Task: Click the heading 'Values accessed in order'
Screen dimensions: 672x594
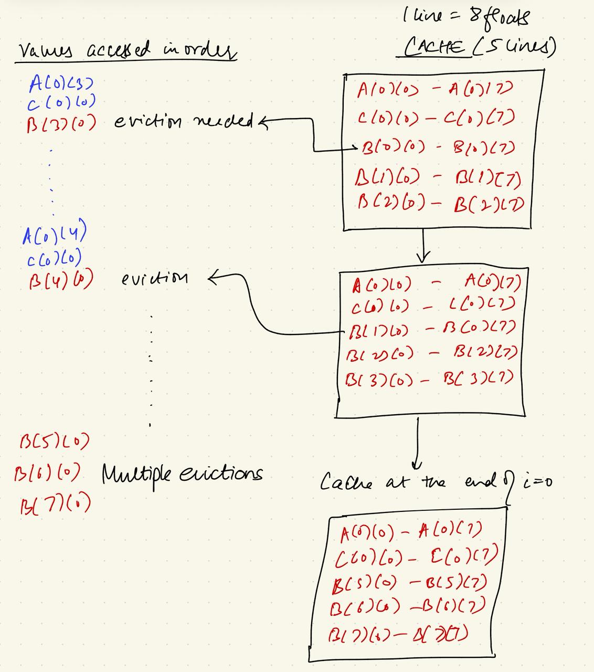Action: pyautogui.click(x=126, y=51)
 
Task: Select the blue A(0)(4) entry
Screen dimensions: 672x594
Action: pyautogui.click(x=54, y=234)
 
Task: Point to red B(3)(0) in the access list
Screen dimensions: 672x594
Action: pyautogui.click(x=61, y=124)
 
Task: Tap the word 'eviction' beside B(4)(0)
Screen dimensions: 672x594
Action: pyautogui.click(x=154, y=278)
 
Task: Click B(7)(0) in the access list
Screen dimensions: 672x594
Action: pyautogui.click(x=55, y=503)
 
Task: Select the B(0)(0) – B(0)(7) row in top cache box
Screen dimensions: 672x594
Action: pyautogui.click(x=437, y=147)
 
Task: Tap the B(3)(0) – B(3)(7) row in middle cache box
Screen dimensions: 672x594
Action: pyautogui.click(x=428, y=378)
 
